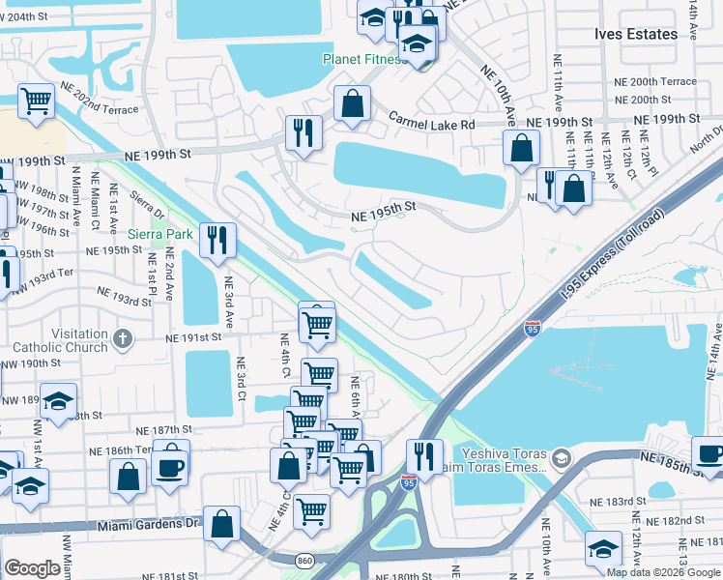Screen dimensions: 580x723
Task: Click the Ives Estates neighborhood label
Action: point(635,34)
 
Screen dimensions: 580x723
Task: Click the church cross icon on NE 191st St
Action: point(122,338)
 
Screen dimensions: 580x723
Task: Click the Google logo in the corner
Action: point(32,568)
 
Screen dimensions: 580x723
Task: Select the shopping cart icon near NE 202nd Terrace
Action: point(36,100)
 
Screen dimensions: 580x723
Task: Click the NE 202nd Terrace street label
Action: point(100,99)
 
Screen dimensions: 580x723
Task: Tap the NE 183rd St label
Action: point(620,501)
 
